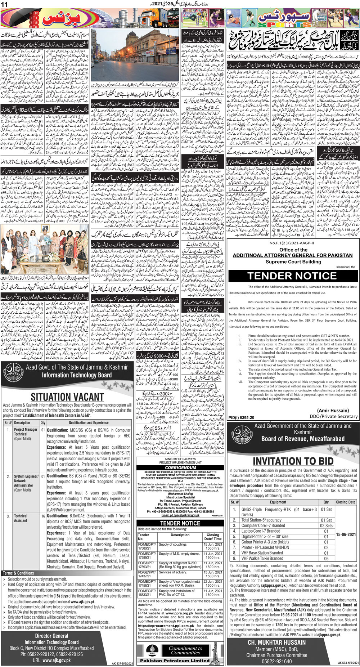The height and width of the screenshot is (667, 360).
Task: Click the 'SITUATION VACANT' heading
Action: pos(67,397)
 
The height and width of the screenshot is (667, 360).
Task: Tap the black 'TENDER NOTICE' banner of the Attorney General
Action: pos(292,276)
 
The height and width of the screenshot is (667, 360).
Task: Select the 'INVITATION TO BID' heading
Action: pos(293,461)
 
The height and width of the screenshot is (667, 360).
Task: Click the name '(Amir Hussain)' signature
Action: pos(333,410)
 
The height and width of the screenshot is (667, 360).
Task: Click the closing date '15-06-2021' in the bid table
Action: pos(346,534)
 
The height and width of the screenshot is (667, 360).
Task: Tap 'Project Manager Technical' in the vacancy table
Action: pos(25,432)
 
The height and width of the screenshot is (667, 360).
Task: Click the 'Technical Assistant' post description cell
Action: pos(21,518)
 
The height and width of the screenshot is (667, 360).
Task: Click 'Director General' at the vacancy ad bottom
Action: pos(51,636)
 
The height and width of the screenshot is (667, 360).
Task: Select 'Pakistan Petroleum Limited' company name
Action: pos(175,661)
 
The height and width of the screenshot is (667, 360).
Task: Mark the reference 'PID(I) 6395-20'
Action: pos(241,417)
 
